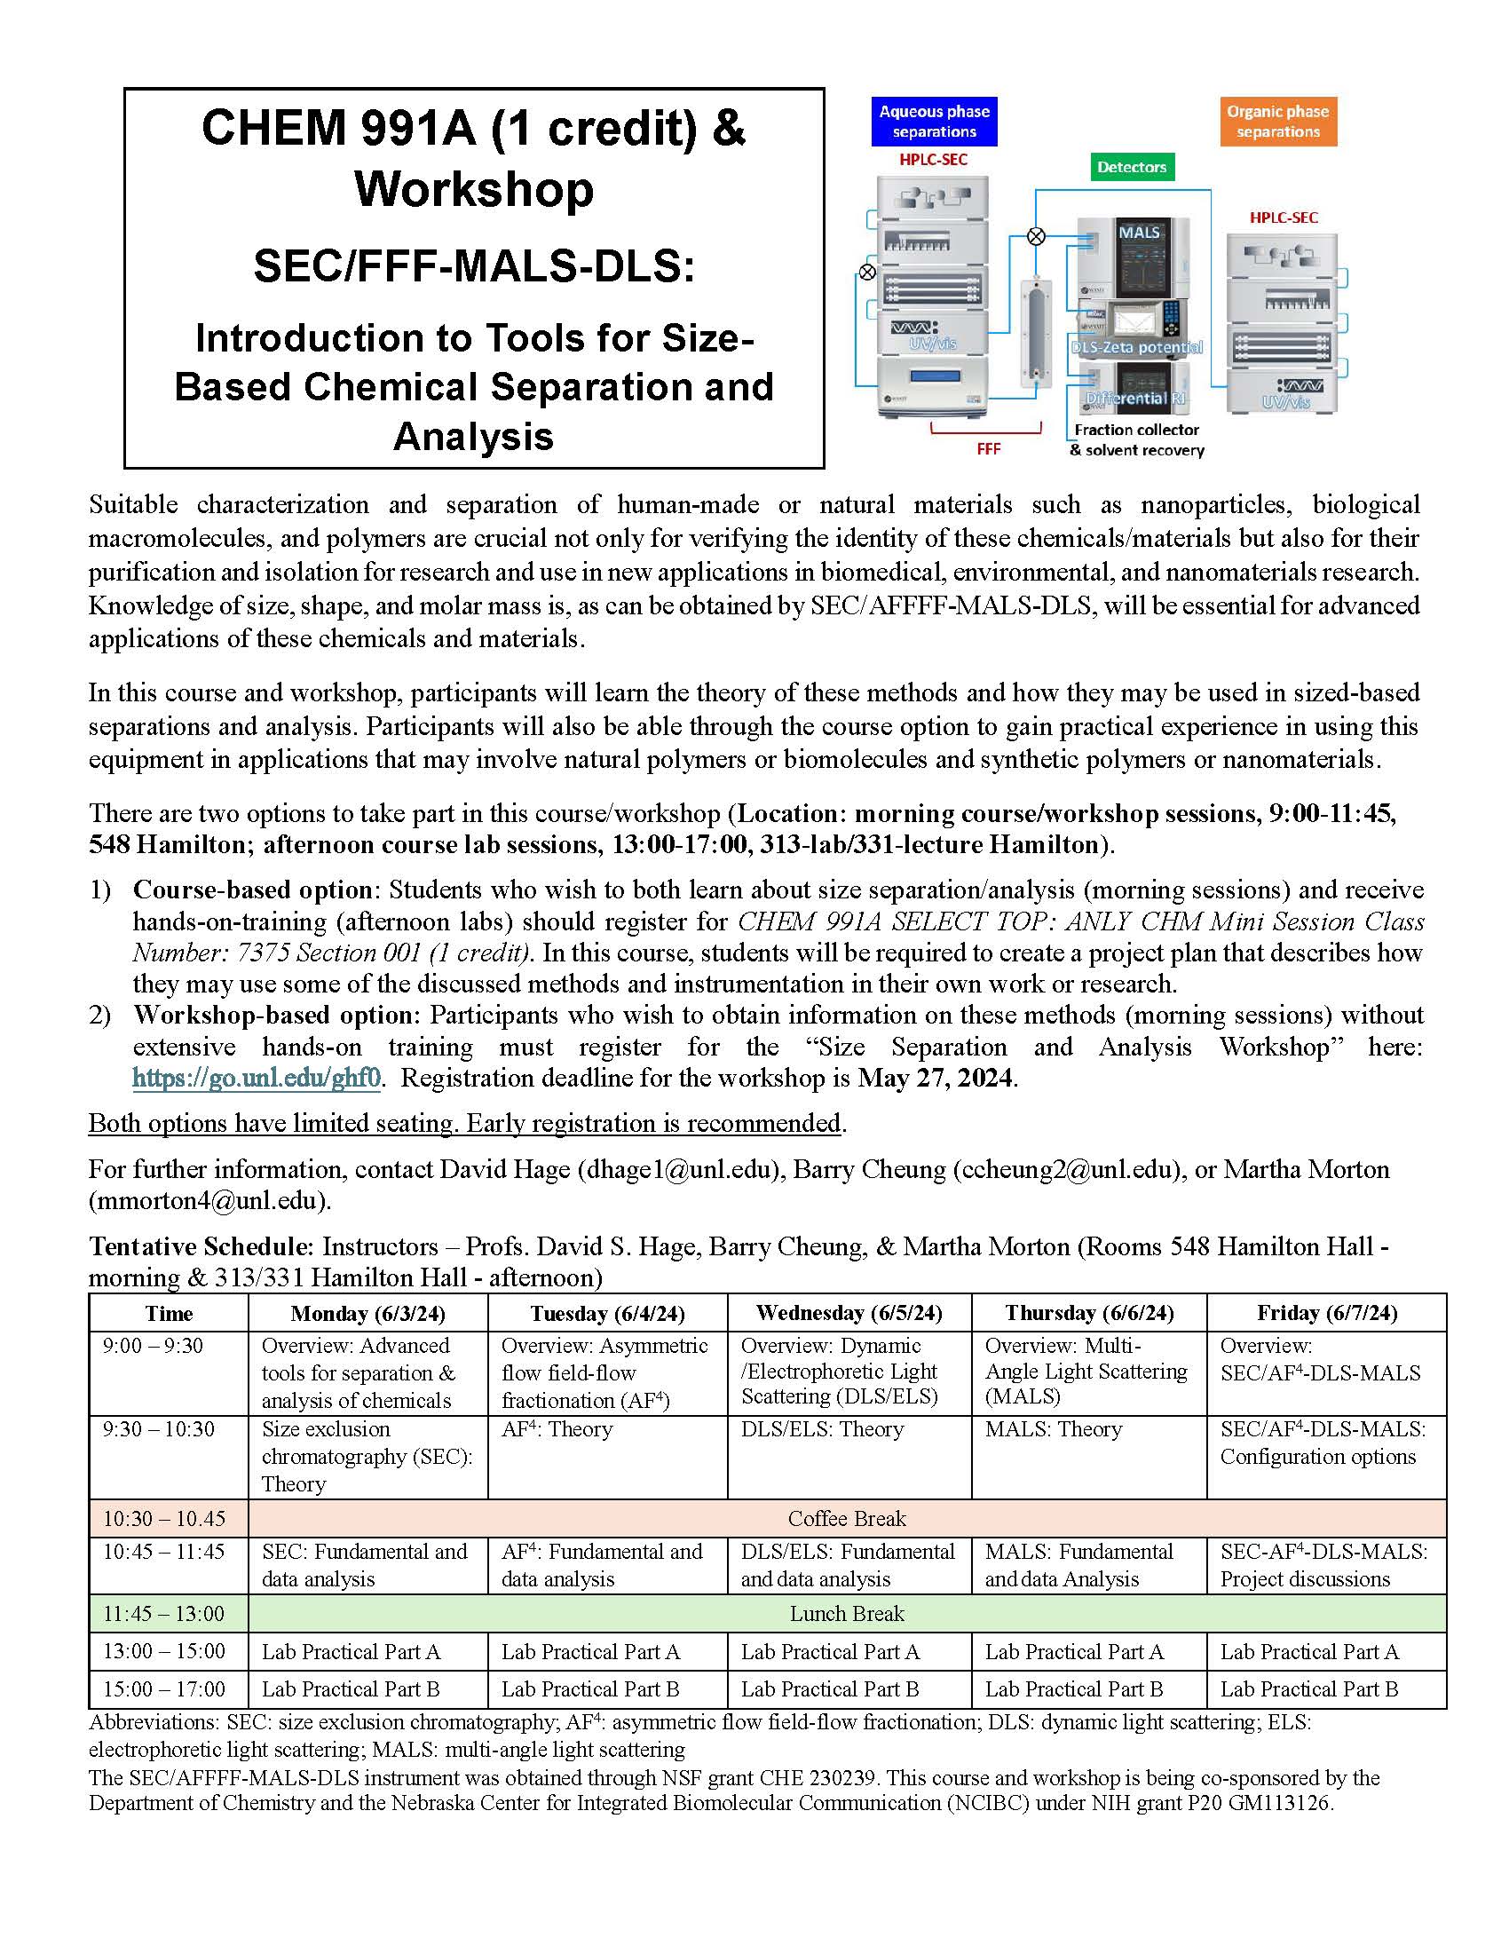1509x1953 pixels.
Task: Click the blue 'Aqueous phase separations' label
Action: pyautogui.click(x=933, y=122)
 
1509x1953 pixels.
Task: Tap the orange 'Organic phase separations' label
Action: pyautogui.click(x=1277, y=122)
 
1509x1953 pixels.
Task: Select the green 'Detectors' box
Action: pyautogui.click(x=1131, y=167)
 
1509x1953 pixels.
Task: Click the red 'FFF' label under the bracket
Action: pyautogui.click(x=988, y=449)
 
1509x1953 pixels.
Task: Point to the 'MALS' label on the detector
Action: pyautogui.click(x=1139, y=233)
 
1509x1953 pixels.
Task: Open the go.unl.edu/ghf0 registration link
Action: pyautogui.click(x=257, y=1078)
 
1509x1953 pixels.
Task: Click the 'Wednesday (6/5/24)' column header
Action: pyautogui.click(x=849, y=1313)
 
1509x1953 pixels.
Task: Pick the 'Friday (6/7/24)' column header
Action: pyautogui.click(x=1327, y=1313)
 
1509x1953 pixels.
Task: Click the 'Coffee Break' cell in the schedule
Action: pyautogui.click(x=847, y=1518)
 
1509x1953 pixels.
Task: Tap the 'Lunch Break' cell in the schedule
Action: pyautogui.click(x=847, y=1614)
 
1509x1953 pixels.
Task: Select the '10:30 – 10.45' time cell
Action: pyautogui.click(x=164, y=1518)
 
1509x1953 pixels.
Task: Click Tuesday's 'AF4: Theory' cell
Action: pyautogui.click(x=557, y=1429)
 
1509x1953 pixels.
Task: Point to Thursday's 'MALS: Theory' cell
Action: pyautogui.click(x=1053, y=1429)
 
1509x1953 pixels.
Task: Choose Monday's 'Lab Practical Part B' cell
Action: pyautogui.click(x=351, y=1689)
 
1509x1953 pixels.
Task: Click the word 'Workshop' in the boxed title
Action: pyautogui.click(x=474, y=190)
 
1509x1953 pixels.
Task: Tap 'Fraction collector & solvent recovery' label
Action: pyautogui.click(x=1136, y=440)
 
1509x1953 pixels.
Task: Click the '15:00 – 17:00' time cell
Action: pyautogui.click(x=164, y=1689)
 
